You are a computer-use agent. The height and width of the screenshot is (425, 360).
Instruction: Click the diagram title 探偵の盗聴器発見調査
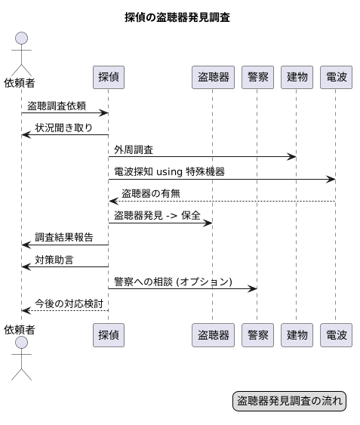[177, 17]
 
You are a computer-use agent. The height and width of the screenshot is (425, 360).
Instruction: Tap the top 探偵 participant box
[108, 76]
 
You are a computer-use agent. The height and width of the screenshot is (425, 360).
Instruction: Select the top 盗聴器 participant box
[212, 76]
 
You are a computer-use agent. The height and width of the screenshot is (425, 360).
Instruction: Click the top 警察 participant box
[257, 76]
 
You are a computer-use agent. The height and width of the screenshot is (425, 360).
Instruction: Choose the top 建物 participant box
[297, 76]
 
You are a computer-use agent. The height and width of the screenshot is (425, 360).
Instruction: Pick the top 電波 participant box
[336, 76]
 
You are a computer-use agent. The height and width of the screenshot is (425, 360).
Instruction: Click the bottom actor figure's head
[21, 344]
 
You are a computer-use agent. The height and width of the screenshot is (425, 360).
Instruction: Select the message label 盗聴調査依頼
[57, 106]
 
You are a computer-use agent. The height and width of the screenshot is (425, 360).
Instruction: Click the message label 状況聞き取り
[64, 127]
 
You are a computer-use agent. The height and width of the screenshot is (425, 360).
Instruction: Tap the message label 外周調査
[134, 149]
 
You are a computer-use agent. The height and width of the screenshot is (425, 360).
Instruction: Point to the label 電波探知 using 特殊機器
[169, 171]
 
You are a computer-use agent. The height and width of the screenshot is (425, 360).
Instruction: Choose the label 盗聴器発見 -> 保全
[157, 215]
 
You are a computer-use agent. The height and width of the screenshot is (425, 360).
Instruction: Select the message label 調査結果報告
[64, 237]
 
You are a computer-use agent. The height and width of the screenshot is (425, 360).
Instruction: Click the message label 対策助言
[54, 259]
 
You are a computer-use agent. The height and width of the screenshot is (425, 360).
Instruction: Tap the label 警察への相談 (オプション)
[174, 281]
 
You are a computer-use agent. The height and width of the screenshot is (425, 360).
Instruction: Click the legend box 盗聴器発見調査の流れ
[290, 401]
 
